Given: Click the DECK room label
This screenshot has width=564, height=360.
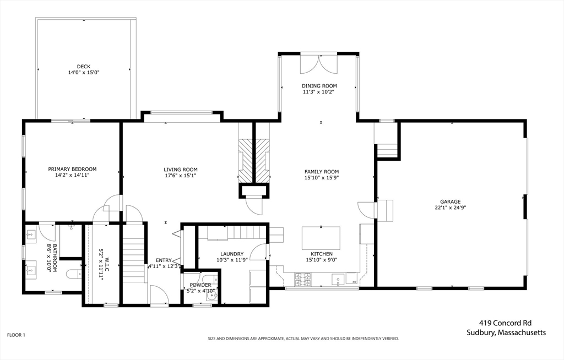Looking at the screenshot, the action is (84, 67).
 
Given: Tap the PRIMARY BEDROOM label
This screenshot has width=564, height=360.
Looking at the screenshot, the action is (72, 169).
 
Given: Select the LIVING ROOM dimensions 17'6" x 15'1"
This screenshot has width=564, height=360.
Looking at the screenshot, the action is (181, 176).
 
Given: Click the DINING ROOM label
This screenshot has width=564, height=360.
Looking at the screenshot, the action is (319, 85).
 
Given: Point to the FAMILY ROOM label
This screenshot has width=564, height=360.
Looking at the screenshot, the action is (322, 172).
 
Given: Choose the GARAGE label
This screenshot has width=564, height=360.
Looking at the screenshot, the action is (451, 202).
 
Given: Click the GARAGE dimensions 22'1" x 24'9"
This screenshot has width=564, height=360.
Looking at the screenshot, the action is (451, 208).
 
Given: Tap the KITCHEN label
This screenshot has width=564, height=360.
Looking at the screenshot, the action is (322, 254).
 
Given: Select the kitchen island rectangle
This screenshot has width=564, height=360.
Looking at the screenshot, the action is (321, 238).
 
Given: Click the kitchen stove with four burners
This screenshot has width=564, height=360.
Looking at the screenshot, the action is (303, 280).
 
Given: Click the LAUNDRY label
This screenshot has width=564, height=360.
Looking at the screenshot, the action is (232, 254).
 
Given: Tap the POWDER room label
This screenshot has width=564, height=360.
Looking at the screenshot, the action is (200, 285).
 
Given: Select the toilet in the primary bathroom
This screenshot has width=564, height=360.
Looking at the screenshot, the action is (74, 275).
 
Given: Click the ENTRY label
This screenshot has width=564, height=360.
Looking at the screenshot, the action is (164, 260).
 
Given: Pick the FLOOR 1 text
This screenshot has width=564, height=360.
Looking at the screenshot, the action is (16, 335).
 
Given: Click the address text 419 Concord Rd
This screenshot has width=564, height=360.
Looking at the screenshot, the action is (505, 323).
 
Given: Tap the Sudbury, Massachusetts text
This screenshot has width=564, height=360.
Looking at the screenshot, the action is (506, 332).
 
